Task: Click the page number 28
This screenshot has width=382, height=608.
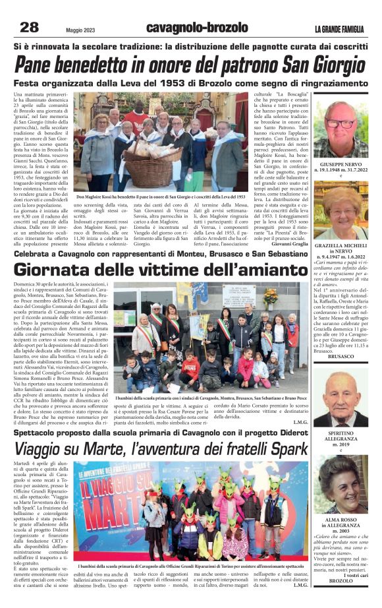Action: pos(30,27)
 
